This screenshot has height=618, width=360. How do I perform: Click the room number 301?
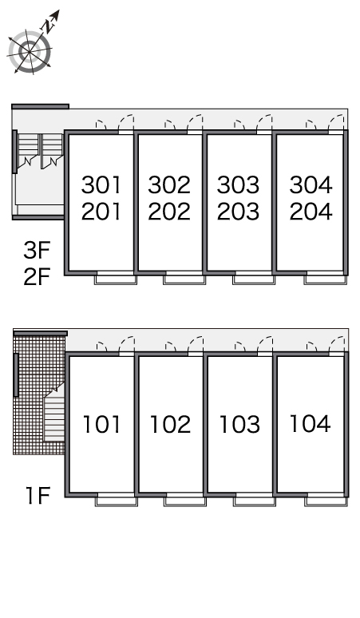(101, 185)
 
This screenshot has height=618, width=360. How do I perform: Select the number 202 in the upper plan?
(169, 212)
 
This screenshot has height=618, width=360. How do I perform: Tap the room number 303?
(239, 185)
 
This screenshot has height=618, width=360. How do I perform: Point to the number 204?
(311, 212)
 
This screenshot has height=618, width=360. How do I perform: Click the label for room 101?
(101, 425)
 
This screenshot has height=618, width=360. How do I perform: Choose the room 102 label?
(171, 425)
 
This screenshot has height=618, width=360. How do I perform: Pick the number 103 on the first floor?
(239, 425)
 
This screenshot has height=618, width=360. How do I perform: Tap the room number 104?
(310, 424)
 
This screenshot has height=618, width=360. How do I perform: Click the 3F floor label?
(37, 250)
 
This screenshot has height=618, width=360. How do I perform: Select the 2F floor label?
(37, 276)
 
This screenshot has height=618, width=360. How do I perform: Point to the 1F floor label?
(38, 495)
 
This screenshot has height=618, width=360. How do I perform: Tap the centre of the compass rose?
(30, 52)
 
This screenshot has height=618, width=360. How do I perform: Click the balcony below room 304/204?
(326, 279)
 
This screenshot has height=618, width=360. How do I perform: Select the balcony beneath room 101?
(117, 501)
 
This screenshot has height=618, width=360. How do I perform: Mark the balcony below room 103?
(255, 501)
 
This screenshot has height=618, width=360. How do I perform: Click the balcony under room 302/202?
(184, 279)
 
